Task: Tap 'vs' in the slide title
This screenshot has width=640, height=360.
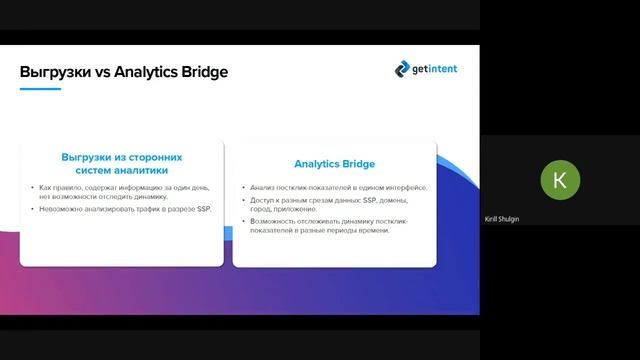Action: pyautogui.click(x=101, y=72)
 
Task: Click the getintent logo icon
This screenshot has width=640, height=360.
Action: pyautogui.click(x=402, y=68)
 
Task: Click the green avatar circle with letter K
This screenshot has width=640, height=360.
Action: pyautogui.click(x=559, y=180)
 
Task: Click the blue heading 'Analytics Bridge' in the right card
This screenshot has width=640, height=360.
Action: pyautogui.click(x=334, y=164)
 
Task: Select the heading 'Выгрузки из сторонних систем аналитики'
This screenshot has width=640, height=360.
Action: pyautogui.click(x=121, y=163)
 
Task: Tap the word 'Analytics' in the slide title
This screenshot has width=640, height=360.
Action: pyautogui.click(x=147, y=72)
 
